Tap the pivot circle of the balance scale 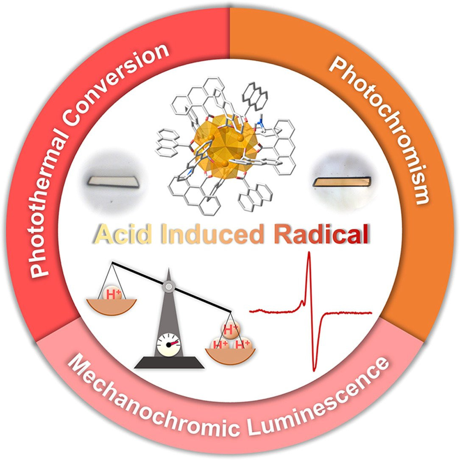(x=169, y=287)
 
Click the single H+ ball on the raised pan (x=111, y=293)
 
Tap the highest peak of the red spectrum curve (x=309, y=253)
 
